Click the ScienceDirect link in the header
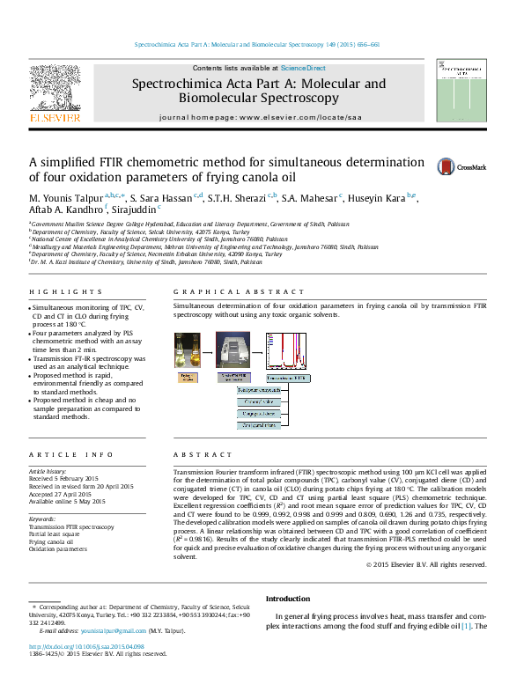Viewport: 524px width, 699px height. (303, 68)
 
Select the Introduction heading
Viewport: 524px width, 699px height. (288, 598)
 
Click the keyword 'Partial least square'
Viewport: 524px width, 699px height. (54, 533)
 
